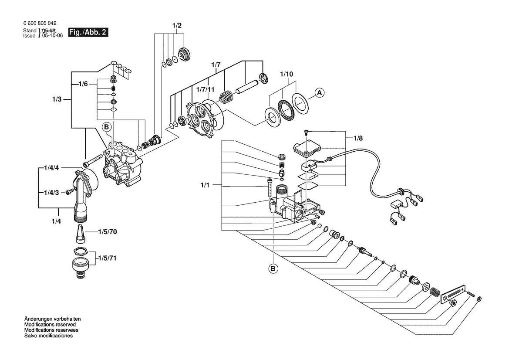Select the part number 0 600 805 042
[x=39, y=24]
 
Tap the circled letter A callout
[x=319, y=92]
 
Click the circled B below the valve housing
[x=273, y=269]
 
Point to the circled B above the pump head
[x=107, y=127]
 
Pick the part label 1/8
[x=357, y=138]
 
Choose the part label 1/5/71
[x=107, y=258]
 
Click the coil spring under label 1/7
[x=226, y=96]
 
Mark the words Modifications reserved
[x=50, y=325]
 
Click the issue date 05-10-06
[x=52, y=36]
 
